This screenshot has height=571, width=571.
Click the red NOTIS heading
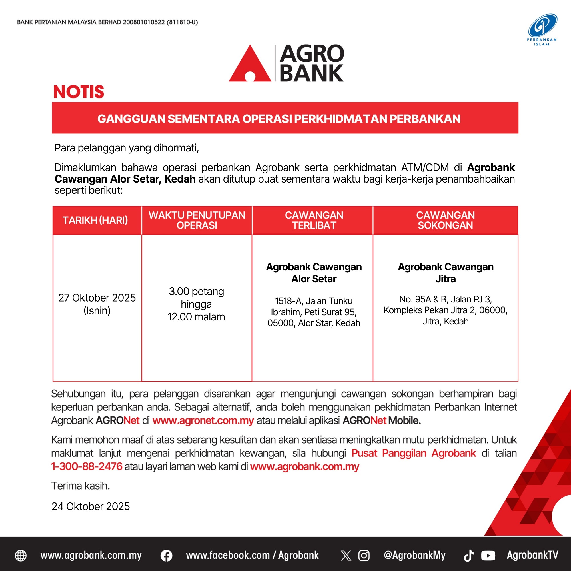click(79, 92)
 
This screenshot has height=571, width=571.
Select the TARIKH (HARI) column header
click(95, 220)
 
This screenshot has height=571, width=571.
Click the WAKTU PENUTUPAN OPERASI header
click(197, 220)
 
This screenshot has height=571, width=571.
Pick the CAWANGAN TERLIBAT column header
click(314, 220)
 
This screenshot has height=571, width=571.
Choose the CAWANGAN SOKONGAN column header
click(445, 220)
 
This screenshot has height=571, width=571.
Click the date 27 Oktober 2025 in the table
click(97, 298)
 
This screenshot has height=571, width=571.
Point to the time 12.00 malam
click(196, 317)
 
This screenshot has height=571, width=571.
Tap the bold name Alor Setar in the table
click(314, 279)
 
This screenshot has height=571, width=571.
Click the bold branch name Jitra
click(445, 279)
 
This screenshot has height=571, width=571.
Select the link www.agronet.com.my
click(203, 420)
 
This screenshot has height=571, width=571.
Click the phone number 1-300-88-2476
click(87, 466)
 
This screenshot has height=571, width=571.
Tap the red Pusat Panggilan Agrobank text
click(414, 453)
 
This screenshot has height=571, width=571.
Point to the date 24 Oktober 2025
click(91, 506)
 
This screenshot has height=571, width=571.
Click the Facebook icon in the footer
click(167, 556)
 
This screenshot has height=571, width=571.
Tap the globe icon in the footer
click(21, 556)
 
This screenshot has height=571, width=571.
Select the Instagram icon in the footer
click(364, 556)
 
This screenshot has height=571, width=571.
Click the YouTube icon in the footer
click(488, 556)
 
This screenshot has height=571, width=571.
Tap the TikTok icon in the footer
click(469, 556)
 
